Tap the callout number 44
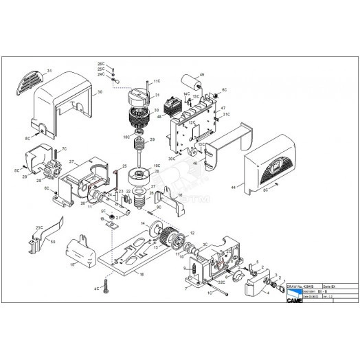(234, 187)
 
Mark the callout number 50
(54, 243)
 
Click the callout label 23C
(41, 226)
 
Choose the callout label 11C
(157, 81)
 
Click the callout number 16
(180, 195)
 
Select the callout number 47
(223, 108)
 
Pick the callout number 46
(195, 164)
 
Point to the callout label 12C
(192, 122)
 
